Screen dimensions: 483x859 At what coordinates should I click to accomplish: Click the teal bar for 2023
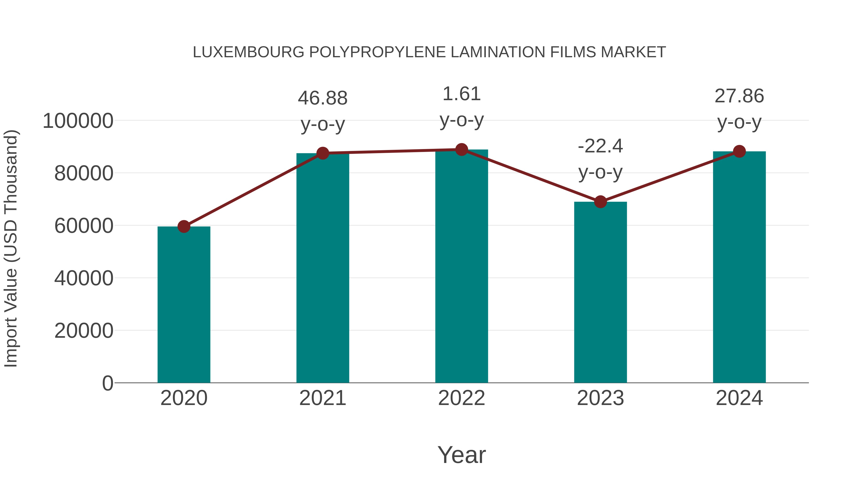coord(600,292)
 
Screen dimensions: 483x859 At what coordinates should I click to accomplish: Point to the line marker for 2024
coord(739,151)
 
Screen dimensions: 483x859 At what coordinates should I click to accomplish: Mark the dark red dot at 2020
coord(184,227)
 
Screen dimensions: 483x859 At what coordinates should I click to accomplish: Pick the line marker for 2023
coord(600,202)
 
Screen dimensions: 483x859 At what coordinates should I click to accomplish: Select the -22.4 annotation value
coord(600,146)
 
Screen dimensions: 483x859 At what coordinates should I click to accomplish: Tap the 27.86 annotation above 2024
coord(739,96)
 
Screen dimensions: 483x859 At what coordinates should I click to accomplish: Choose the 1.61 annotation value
coord(461,94)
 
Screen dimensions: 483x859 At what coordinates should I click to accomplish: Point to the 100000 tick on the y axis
coord(78,121)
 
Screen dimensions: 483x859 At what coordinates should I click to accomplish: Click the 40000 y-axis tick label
coord(84,278)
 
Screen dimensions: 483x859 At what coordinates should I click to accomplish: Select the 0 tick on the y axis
coord(107,383)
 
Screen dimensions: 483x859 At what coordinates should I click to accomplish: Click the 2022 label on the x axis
coord(461,398)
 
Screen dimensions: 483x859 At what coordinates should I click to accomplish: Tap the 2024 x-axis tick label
coord(739,398)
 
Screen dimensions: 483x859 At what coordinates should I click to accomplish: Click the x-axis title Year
coord(461,455)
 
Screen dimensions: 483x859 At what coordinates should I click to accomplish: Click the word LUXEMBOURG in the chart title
coord(248,52)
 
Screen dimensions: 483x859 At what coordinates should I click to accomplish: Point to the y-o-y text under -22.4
coord(600,172)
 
